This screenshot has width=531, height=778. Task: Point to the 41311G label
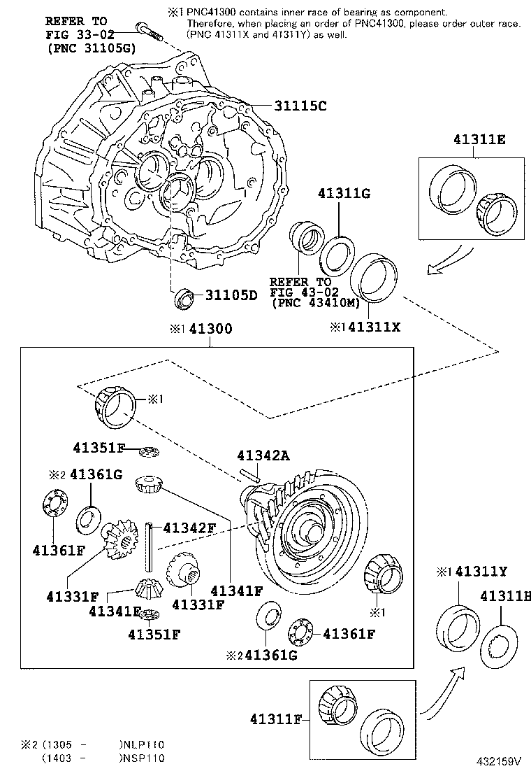coord(344,193)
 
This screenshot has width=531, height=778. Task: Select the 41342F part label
coord(189,528)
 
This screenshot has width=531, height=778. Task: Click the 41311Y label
coord(481,572)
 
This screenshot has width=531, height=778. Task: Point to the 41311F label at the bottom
coord(276,719)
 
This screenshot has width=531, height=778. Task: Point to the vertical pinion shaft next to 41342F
coord(149,546)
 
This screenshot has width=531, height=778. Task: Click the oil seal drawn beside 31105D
coord(185,297)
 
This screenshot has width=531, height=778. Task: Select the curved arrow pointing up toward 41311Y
coord(443,693)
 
